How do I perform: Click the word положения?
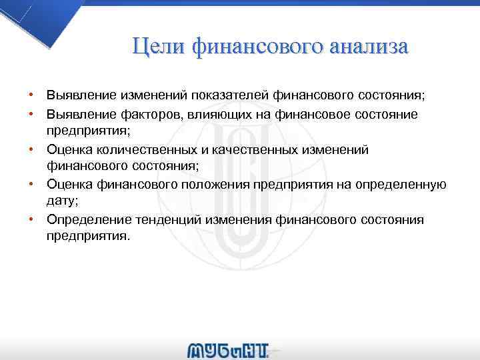coord(208,185)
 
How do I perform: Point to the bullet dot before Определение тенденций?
coord(31,219)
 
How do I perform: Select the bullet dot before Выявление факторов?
coord(31,115)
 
